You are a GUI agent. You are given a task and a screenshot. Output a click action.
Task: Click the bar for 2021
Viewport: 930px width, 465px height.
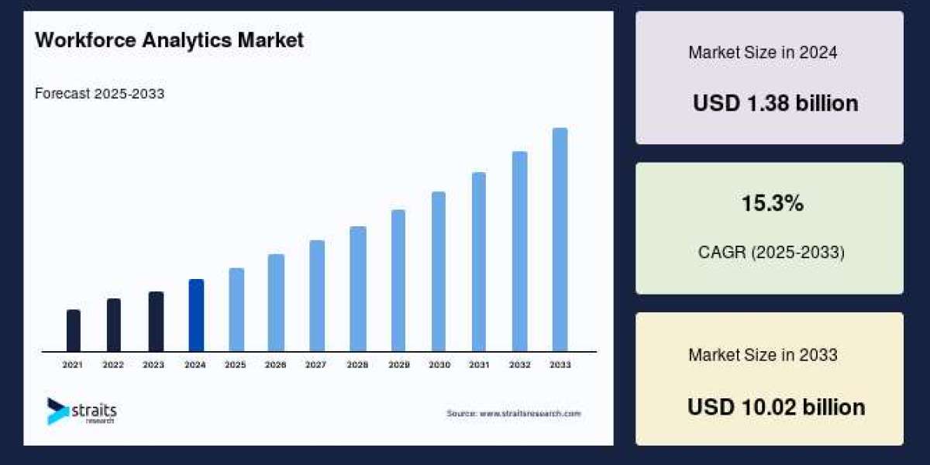point(74,331)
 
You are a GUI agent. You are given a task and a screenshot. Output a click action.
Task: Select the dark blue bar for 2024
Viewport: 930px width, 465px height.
point(196,315)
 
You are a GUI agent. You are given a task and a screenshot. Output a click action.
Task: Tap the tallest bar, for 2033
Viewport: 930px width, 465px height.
point(560,239)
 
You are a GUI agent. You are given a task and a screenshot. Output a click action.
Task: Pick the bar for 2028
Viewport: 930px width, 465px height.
point(357,289)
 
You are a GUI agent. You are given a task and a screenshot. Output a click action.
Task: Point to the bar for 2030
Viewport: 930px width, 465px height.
point(439,271)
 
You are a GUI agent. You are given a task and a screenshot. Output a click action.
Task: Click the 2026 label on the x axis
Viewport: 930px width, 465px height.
point(276,364)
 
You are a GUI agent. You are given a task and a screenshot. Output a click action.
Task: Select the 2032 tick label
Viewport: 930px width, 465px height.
point(519,364)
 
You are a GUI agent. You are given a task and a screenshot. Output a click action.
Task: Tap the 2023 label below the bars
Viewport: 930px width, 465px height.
point(153,364)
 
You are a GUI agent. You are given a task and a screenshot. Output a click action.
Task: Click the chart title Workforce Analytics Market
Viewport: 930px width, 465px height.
point(169,41)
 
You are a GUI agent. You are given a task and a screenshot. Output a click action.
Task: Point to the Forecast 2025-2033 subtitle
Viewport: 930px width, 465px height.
point(99,94)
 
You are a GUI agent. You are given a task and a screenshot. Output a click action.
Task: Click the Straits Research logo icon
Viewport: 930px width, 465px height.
point(57,411)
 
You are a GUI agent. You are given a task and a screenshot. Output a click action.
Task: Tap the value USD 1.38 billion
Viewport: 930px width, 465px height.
point(775,103)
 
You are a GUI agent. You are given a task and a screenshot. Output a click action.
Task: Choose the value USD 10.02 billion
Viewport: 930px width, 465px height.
point(776,407)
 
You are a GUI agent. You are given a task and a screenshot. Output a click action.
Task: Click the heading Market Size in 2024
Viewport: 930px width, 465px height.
point(763,53)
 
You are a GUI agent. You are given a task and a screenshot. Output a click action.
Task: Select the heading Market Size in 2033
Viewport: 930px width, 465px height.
point(763,355)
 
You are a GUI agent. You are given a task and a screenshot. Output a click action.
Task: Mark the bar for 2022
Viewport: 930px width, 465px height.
point(113,325)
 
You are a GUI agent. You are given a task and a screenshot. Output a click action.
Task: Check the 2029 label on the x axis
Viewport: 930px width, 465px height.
point(398,364)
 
